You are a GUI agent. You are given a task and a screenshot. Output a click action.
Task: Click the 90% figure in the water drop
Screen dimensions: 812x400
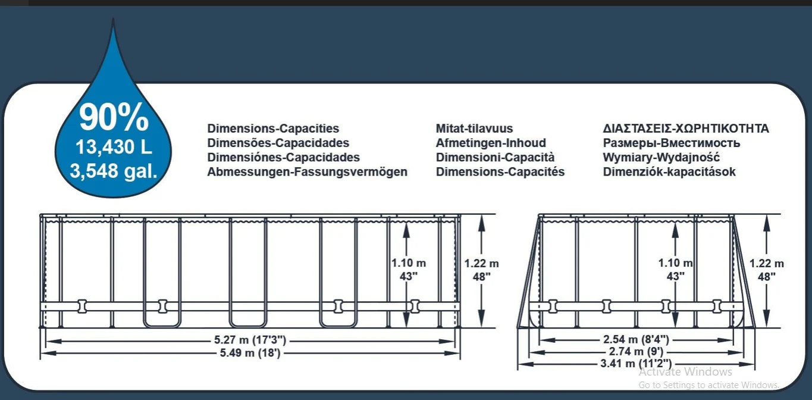[114, 117]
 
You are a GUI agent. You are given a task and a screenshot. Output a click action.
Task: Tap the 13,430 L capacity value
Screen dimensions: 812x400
[114, 147]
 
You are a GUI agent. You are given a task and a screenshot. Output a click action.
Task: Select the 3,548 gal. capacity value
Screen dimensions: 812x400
[114, 170]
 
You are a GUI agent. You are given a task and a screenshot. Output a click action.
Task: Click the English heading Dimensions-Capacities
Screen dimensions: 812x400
[273, 129]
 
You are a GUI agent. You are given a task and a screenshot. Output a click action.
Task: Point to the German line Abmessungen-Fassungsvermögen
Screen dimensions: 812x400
[308, 171]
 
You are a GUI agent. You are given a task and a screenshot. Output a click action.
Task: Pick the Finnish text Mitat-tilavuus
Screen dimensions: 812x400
[474, 129]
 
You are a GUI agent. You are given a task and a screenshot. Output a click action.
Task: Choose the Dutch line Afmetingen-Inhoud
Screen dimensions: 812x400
[491, 143]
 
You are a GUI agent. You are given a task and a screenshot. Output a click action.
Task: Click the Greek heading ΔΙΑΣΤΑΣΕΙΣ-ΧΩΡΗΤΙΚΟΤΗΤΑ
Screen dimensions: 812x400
[686, 129]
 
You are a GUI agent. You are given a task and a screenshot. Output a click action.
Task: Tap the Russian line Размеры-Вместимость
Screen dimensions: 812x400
[672, 143]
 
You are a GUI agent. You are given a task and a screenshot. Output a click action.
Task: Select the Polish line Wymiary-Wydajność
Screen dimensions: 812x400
[661, 157]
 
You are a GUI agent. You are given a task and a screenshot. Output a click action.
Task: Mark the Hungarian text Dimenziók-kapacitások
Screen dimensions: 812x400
[669, 171]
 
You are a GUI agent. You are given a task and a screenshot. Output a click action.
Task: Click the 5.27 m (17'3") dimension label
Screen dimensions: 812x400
[250, 340]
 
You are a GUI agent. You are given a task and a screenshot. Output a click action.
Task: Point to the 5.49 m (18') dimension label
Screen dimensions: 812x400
[250, 352]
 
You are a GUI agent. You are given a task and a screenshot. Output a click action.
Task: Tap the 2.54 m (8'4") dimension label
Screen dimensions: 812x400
[636, 339]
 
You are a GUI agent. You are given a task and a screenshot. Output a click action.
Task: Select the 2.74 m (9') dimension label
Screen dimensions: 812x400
[636, 351]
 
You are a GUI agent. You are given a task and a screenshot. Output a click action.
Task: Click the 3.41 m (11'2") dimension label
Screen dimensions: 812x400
[636, 363]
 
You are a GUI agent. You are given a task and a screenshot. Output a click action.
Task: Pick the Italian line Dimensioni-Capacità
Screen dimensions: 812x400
[495, 157]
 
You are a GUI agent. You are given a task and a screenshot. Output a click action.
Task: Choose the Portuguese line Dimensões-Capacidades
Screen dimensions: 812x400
[278, 143]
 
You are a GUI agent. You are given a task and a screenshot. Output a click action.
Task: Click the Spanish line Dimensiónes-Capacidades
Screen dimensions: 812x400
[284, 157]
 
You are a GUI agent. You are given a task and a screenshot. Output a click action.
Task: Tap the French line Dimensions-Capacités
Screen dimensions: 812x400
[500, 171]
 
